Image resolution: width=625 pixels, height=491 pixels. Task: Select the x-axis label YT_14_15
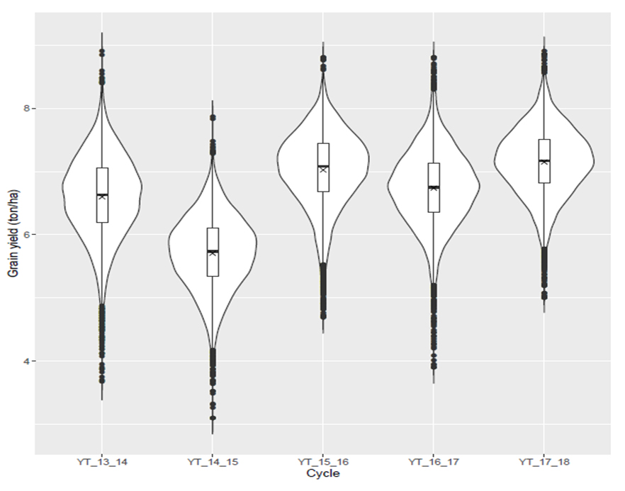[212, 463]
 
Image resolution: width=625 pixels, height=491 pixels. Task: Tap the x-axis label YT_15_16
[323, 463]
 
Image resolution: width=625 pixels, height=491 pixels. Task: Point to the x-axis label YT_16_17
[434, 463]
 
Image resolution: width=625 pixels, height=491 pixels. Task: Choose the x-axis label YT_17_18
[544, 463]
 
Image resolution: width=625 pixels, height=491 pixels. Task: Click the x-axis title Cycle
[322, 473]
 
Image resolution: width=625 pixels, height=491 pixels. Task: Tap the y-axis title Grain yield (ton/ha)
[11, 235]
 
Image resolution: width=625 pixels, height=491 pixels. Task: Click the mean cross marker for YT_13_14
[102, 197]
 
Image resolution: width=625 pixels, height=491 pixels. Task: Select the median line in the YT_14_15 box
[213, 251]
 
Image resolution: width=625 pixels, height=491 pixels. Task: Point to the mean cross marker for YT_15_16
[323, 170]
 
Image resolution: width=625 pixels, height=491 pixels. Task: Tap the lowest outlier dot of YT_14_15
[213, 418]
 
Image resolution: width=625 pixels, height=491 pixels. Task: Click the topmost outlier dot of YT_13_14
[102, 52]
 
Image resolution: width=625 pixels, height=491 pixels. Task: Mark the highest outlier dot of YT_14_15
[213, 118]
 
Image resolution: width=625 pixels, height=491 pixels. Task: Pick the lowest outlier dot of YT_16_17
[434, 367]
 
